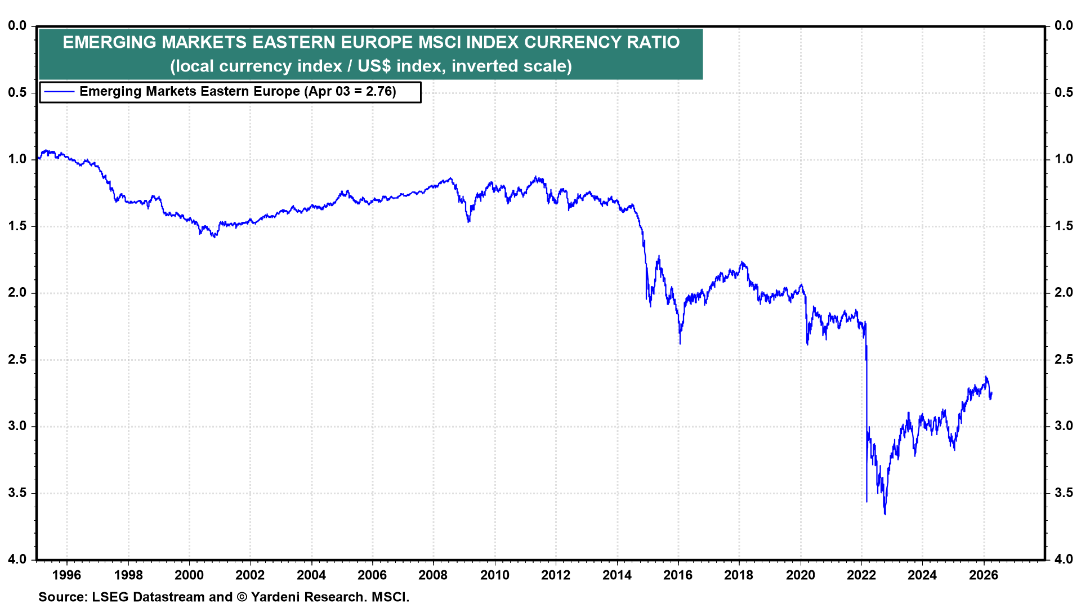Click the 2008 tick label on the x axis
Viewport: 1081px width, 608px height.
[x=433, y=575]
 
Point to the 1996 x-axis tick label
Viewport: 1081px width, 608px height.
[x=66, y=575]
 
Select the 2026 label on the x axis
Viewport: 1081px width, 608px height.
[x=983, y=575]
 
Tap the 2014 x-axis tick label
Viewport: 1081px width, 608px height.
[x=617, y=575]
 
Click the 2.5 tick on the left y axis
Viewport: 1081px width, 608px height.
[x=17, y=359]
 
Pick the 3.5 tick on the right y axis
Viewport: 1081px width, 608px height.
[x=1064, y=493]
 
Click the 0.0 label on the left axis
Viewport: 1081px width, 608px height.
[x=17, y=25]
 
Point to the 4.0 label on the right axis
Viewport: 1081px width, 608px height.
[x=1064, y=559]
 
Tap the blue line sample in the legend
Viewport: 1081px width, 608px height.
[x=59, y=92]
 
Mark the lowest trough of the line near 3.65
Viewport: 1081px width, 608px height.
[x=885, y=513]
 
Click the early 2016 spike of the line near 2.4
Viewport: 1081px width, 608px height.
[x=680, y=342]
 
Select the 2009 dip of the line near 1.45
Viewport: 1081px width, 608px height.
[x=468, y=221]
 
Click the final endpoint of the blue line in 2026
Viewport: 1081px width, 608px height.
[x=991, y=393]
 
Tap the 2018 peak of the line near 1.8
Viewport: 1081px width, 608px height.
[x=742, y=262]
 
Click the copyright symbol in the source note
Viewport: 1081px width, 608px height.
[x=242, y=597]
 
